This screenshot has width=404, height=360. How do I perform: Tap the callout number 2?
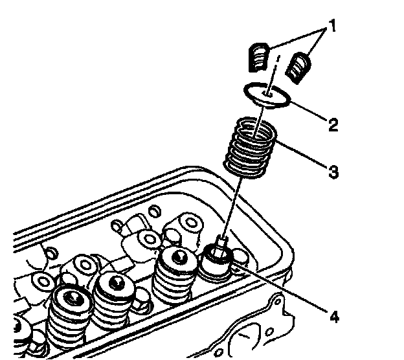[x=332, y=124]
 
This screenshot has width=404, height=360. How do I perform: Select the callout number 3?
[x=331, y=173]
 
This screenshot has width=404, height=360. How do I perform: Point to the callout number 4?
[x=333, y=317]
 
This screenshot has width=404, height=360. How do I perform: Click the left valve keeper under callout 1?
[x=259, y=58]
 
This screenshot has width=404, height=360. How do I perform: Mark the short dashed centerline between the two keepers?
[x=277, y=65]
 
